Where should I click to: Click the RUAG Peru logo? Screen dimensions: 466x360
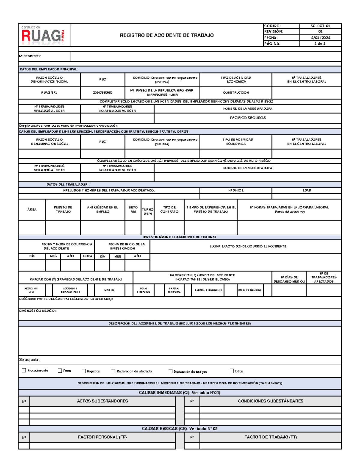click(x=43, y=35)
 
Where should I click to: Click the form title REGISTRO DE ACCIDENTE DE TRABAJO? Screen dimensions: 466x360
click(x=166, y=35)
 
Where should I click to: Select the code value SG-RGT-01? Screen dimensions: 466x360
click(x=320, y=26)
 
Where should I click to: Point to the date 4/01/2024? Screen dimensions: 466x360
click(x=320, y=38)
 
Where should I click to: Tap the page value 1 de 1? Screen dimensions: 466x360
click(x=320, y=44)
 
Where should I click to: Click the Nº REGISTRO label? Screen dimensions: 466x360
click(x=30, y=56)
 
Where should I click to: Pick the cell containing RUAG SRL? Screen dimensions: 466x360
click(x=49, y=92)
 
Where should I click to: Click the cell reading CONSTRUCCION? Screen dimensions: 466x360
click(x=235, y=92)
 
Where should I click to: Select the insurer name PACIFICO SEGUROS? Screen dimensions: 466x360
click(x=247, y=118)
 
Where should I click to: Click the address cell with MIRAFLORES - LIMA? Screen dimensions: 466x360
click(x=162, y=92)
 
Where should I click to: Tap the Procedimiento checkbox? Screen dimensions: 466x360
click(x=24, y=370)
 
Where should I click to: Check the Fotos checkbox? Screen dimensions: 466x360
click(x=60, y=371)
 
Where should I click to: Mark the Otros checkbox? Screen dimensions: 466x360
click(x=232, y=371)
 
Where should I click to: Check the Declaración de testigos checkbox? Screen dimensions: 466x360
click(x=170, y=371)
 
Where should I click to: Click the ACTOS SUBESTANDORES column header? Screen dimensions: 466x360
click(x=102, y=401)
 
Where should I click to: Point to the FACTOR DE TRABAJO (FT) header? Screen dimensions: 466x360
click(x=270, y=437)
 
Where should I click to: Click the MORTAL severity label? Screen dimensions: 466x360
click(x=109, y=290)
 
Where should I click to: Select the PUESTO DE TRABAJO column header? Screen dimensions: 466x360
click(x=63, y=209)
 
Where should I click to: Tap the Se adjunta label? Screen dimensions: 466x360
click(x=29, y=359)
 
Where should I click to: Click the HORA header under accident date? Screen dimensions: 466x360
click(x=88, y=256)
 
